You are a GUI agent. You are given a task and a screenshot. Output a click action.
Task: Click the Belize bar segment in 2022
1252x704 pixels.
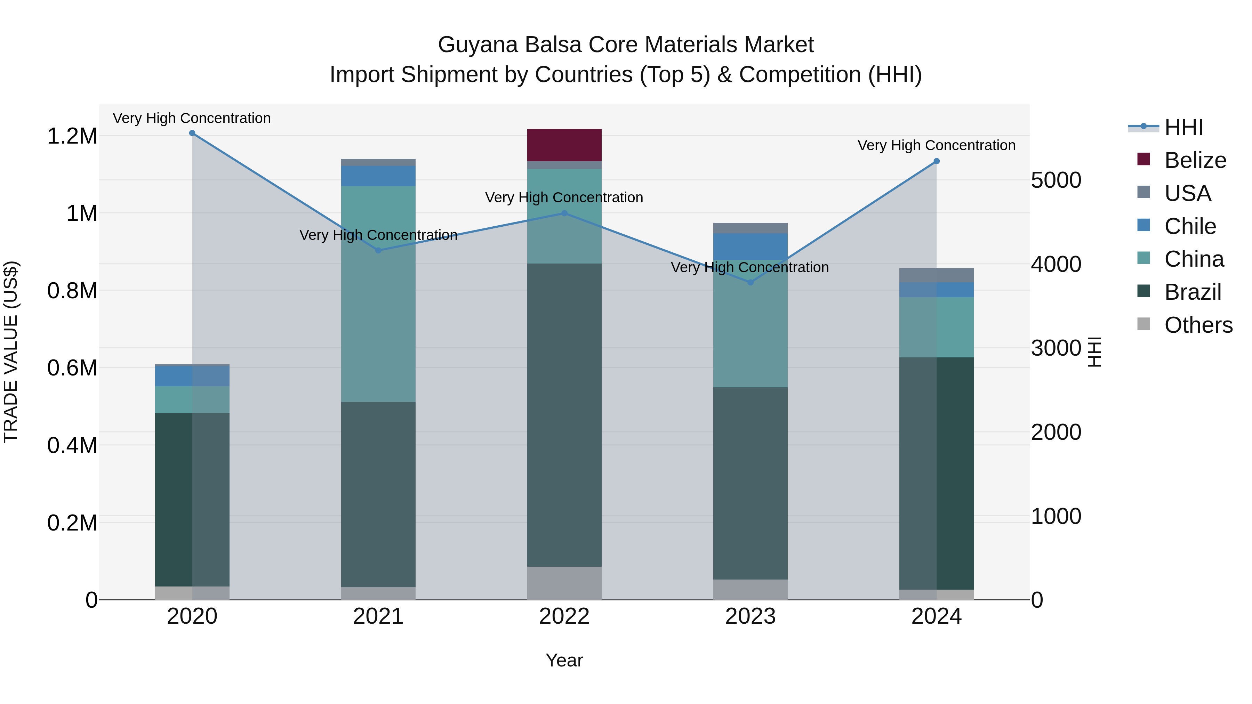[x=564, y=145]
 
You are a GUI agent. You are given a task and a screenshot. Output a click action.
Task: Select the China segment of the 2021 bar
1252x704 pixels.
[x=378, y=293]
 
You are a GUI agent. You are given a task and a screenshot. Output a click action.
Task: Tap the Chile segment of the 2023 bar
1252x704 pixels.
[x=751, y=246]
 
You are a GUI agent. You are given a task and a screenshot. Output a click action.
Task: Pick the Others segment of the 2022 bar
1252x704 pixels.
[x=564, y=583]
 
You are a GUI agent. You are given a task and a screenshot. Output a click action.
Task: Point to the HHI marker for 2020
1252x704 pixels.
[x=192, y=133]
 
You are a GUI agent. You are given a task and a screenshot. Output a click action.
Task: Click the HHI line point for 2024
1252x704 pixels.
[x=937, y=161]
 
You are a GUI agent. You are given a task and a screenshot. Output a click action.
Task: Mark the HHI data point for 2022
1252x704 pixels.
[x=564, y=213]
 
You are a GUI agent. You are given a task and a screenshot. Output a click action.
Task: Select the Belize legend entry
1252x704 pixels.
[x=1195, y=160]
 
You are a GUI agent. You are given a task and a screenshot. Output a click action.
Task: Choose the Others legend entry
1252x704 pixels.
[x=1198, y=325]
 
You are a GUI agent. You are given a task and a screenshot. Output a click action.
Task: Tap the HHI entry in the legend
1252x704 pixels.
[x=1183, y=127]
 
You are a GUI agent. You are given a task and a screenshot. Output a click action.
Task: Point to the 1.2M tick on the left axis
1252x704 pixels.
[x=72, y=136]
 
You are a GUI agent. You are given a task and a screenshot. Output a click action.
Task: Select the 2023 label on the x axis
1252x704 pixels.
[x=751, y=616]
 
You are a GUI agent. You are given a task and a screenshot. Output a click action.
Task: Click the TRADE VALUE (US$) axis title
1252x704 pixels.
[x=11, y=352]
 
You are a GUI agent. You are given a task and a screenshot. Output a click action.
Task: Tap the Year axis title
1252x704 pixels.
[x=564, y=660]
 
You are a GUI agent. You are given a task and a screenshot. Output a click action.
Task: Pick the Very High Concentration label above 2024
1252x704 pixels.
[x=937, y=145]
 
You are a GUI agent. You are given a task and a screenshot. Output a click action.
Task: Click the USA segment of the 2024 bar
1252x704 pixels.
[x=937, y=275]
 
